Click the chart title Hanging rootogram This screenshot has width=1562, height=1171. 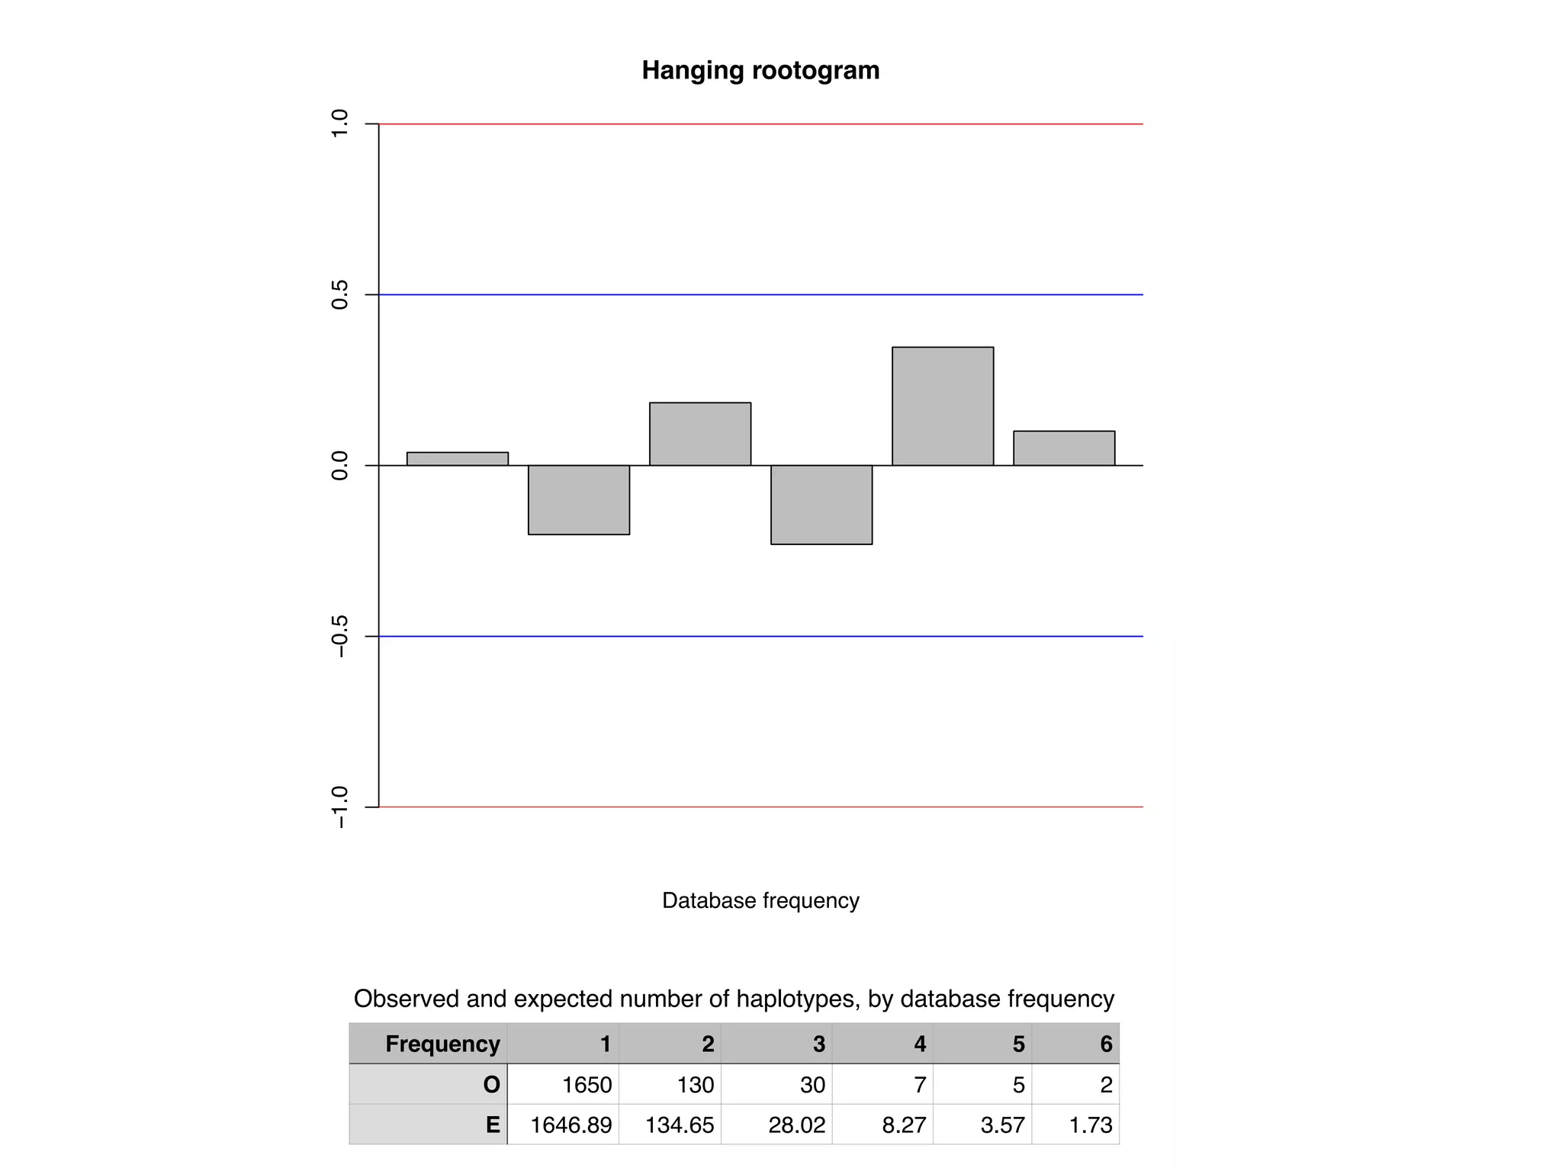pyautogui.click(x=760, y=70)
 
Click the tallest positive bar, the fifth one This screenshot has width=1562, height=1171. pyautogui.click(x=943, y=406)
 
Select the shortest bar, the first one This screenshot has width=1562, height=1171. pyautogui.click(x=457, y=459)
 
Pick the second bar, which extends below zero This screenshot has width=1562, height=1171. pyautogui.click(x=579, y=499)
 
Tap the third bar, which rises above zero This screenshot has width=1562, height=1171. pyautogui.click(x=700, y=434)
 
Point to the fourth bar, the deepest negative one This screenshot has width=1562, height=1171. pyautogui.click(x=821, y=505)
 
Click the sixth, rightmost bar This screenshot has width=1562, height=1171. pyautogui.click(x=1064, y=448)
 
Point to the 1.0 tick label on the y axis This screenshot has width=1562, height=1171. pyautogui.click(x=339, y=124)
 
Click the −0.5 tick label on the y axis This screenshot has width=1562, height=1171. pyautogui.click(x=339, y=636)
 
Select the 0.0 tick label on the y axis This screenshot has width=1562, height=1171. pyautogui.click(x=339, y=465)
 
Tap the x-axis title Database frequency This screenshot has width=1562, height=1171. pyautogui.click(x=760, y=900)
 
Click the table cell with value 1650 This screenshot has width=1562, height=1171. pyautogui.click(x=587, y=1084)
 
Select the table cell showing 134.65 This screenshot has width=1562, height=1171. pyautogui.click(x=680, y=1124)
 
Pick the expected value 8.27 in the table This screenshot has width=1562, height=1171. pyautogui.click(x=904, y=1124)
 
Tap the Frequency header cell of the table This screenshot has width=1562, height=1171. pyautogui.click(x=442, y=1044)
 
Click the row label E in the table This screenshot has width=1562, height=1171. pyautogui.click(x=493, y=1124)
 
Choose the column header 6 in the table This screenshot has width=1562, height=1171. pyautogui.click(x=1106, y=1044)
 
